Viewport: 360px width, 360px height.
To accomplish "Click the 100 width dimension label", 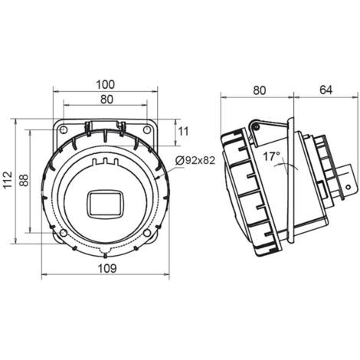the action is pos(106,84).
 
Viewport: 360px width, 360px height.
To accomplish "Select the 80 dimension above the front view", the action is pos(106,100).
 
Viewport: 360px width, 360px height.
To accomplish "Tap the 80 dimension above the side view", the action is pos(260,90).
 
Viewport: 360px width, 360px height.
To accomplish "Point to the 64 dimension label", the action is pos(326,90).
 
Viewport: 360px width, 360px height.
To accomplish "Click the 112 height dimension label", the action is pos(8,180).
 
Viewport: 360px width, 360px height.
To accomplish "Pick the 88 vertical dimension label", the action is pos(25,180).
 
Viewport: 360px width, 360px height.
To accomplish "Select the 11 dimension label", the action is pos(183,132).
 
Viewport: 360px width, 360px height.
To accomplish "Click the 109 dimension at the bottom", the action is pos(107,268).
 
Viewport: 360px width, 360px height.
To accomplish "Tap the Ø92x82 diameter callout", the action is pos(195,160).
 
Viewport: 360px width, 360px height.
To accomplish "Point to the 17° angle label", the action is pos(272,156).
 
